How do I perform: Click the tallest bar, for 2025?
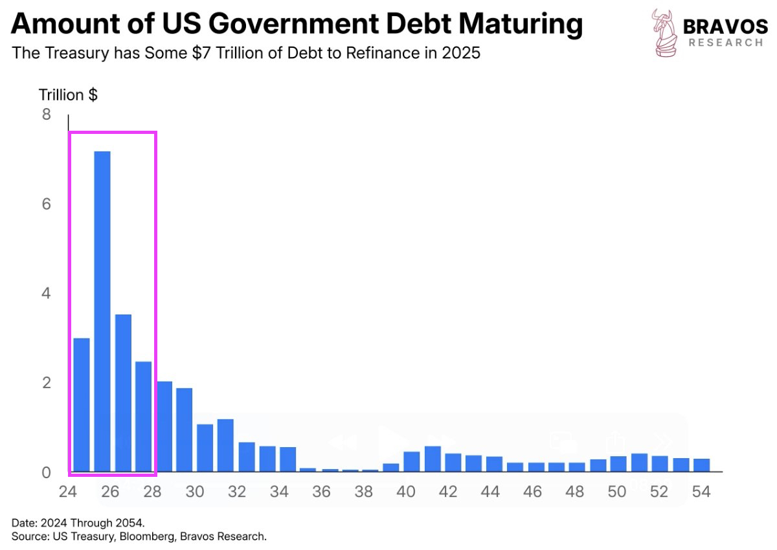click(x=102, y=311)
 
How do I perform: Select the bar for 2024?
click(x=82, y=405)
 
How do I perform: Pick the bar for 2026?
click(x=123, y=393)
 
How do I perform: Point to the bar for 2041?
click(x=433, y=459)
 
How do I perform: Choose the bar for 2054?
click(x=702, y=465)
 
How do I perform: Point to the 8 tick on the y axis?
click(x=46, y=115)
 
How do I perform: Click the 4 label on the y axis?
click(x=46, y=294)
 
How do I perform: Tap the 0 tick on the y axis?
click(x=46, y=473)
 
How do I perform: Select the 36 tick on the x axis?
click(x=322, y=492)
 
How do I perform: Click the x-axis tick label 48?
click(x=574, y=492)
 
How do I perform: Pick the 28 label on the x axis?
click(x=152, y=492)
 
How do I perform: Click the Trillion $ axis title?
click(x=68, y=95)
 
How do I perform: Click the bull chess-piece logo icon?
click(x=664, y=32)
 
